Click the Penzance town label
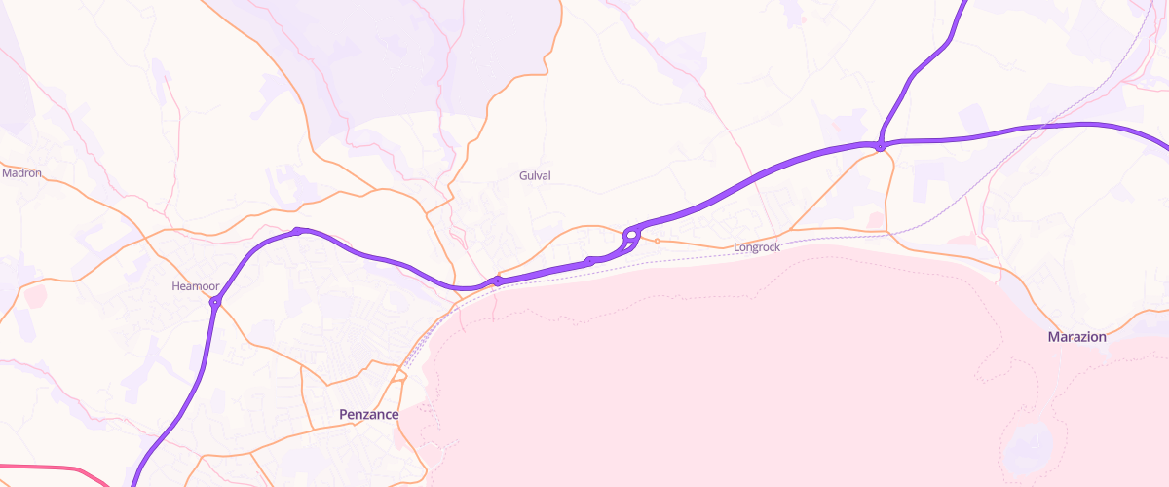368,415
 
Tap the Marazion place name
1076,337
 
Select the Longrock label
757,248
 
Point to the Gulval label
535,175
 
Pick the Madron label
22,173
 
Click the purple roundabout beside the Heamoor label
215,303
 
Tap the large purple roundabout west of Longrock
631,235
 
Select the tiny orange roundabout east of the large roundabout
658,241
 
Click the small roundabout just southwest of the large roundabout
589,261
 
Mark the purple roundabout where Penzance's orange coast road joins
497,281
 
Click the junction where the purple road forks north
880,146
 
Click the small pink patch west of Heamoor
36,296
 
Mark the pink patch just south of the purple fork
874,221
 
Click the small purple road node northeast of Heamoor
300,231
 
